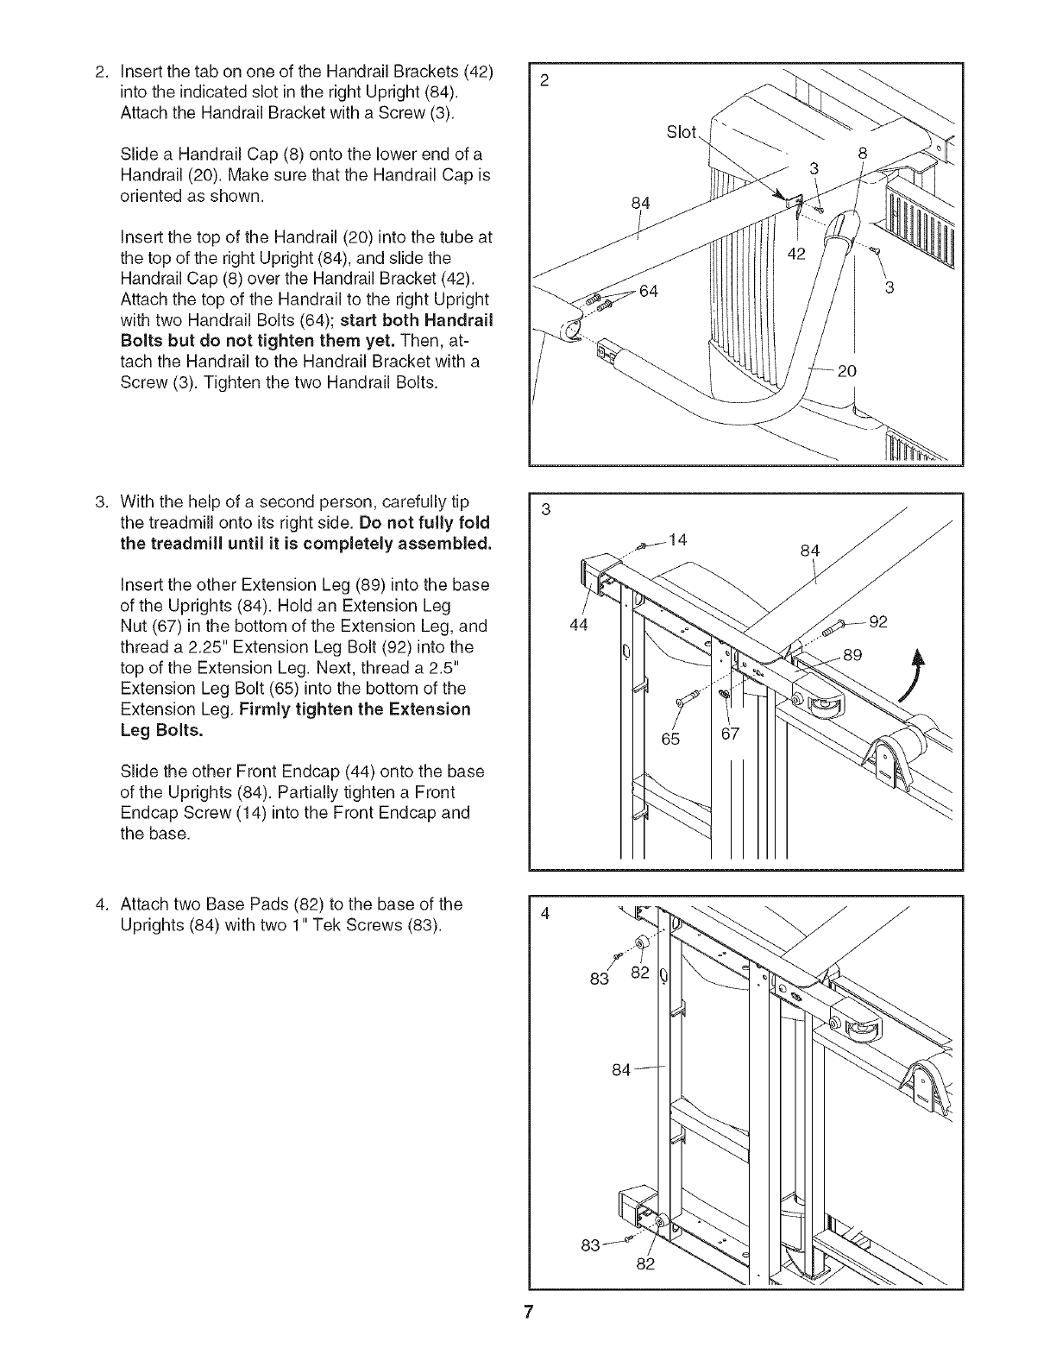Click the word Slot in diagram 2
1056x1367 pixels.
pos(682,132)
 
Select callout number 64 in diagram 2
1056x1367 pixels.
pos(648,291)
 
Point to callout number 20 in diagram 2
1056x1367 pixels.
pos(846,371)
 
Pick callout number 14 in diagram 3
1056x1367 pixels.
pos(678,540)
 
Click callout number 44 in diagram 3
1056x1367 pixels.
pos(579,626)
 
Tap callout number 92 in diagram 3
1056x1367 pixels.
pos(877,622)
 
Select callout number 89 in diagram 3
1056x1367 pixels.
pos(852,654)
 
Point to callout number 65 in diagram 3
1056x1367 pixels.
pos(670,738)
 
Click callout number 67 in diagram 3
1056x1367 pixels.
pos(731,734)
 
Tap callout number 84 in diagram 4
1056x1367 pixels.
pos(622,1070)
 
